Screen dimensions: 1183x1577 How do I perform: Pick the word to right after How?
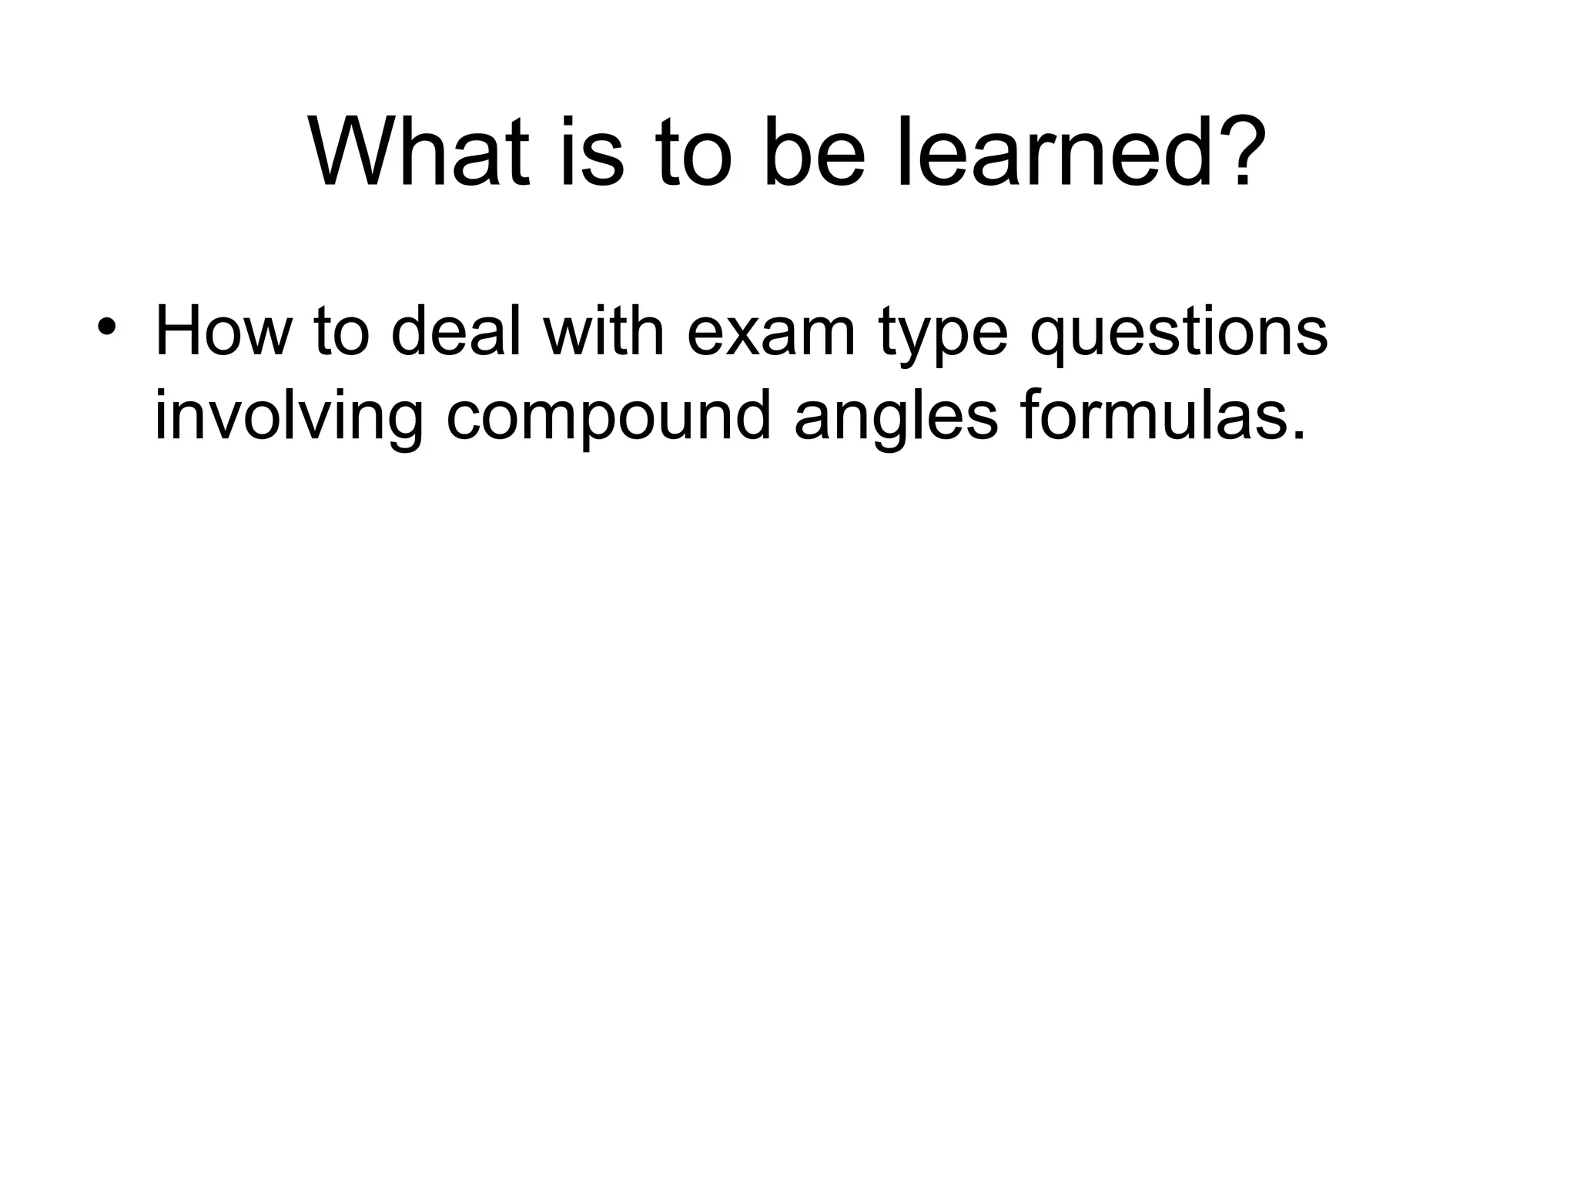point(341,333)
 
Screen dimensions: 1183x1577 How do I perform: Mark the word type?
point(944,339)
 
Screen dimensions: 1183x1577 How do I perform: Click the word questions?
point(1179,333)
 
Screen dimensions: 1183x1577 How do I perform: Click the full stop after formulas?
point(1299,436)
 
